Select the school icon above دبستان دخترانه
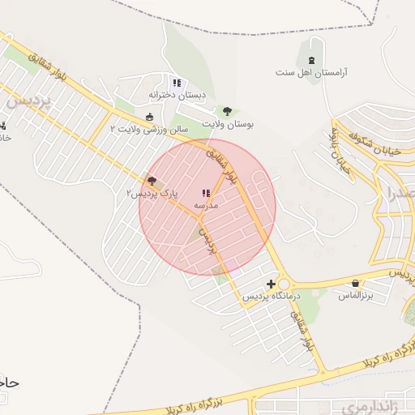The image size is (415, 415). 177,83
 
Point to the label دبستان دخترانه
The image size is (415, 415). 177,95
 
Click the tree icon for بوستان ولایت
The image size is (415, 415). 227,112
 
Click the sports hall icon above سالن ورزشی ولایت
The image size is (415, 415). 148,117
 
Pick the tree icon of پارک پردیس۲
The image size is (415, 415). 152,181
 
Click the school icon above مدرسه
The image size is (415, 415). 205,194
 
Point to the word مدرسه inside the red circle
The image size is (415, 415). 205,206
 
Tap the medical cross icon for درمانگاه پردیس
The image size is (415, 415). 271,285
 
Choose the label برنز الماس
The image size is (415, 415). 355,296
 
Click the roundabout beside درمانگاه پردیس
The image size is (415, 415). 283,284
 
